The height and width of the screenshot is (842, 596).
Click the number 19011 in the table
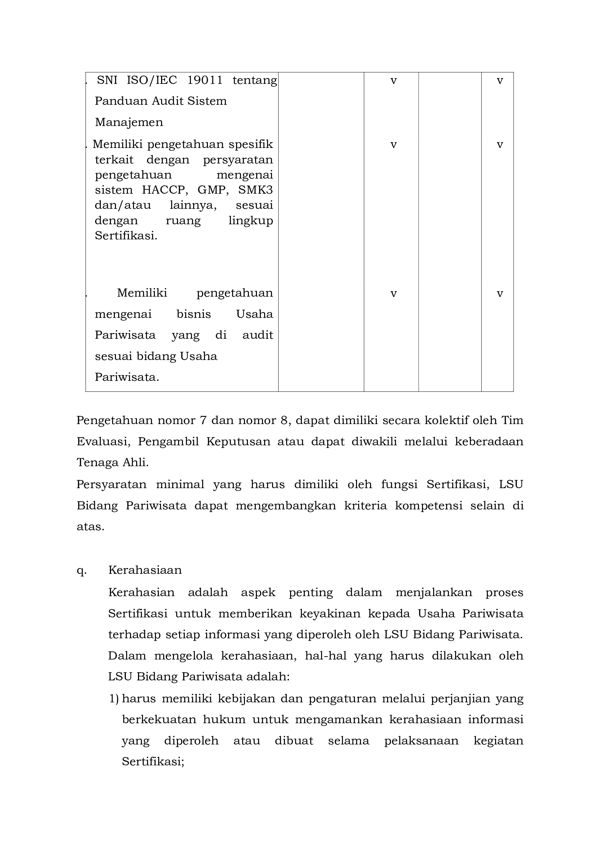point(205,80)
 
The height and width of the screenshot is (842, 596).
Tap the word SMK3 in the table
point(255,190)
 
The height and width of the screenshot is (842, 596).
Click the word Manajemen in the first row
point(129,122)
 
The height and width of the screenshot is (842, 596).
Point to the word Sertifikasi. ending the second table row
point(126,235)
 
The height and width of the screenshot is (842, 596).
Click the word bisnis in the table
point(194,314)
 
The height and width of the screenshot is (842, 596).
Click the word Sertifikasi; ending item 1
point(153,762)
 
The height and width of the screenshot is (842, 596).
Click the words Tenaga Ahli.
point(112,463)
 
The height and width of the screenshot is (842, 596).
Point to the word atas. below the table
point(90,527)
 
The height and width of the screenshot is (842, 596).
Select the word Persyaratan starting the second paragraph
point(111,485)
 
